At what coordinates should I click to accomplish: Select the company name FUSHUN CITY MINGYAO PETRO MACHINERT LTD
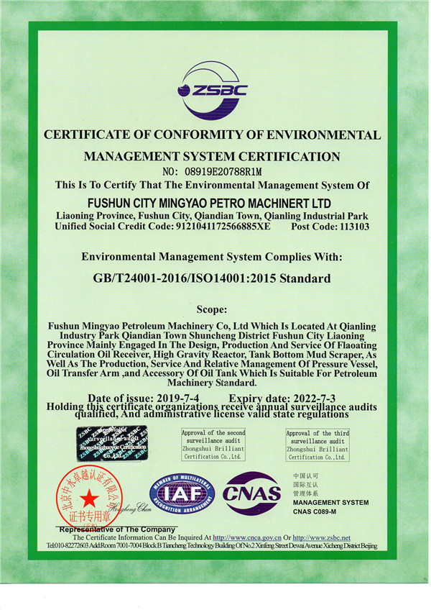[215, 203]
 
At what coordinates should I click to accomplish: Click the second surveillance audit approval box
[213, 445]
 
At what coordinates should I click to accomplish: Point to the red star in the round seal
[88, 498]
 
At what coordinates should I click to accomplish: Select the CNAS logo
[251, 493]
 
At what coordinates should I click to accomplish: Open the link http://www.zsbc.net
[321, 537]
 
